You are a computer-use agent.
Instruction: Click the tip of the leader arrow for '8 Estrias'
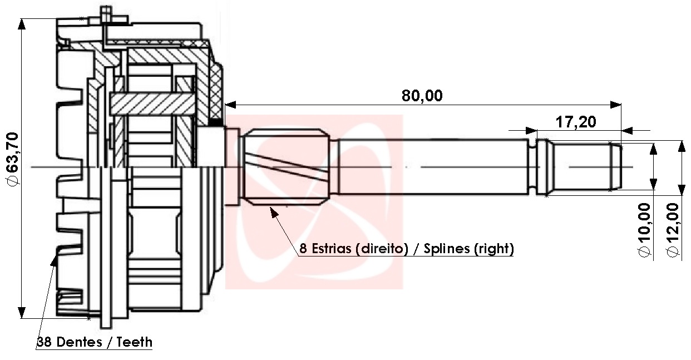tap(270, 207)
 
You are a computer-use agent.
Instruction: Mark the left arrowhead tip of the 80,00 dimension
tap(225, 105)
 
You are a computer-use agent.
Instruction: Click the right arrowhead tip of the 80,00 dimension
tap(621, 105)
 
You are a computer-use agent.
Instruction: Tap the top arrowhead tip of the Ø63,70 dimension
tap(21, 19)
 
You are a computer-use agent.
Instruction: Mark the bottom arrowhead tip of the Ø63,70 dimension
tap(21, 318)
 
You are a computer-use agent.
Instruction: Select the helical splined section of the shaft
tap(287, 167)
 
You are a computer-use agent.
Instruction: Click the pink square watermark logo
tap(314, 202)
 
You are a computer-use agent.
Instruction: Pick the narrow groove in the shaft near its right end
tap(532, 167)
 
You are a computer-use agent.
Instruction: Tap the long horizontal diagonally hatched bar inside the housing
tap(152, 104)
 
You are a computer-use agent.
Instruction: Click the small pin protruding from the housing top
tap(106, 14)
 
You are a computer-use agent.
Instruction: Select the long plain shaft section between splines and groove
tap(433, 167)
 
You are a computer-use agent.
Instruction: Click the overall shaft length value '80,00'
tap(422, 95)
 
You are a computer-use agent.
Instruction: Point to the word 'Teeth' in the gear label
tap(135, 342)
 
